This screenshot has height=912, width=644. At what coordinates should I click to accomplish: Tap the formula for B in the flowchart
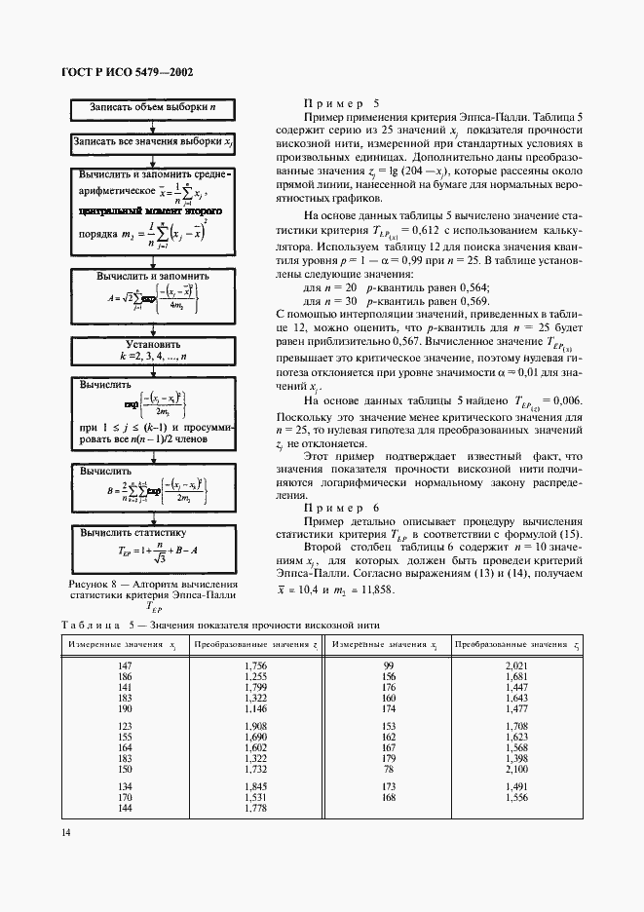point(151,493)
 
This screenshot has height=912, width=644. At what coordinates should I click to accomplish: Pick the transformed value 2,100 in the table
point(517,770)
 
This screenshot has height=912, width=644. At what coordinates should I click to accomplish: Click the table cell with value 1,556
point(517,797)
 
